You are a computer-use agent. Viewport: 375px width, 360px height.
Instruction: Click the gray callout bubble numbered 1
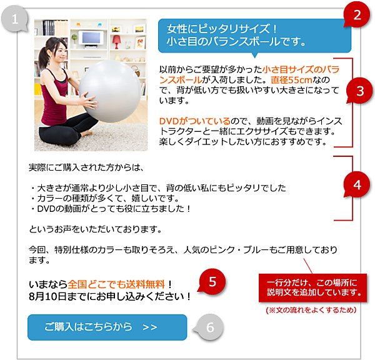click(14, 19)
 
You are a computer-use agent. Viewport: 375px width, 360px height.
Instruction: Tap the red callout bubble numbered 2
click(357, 15)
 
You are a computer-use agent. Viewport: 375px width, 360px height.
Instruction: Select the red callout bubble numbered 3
click(360, 91)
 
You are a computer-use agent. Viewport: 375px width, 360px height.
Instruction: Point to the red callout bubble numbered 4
click(357, 184)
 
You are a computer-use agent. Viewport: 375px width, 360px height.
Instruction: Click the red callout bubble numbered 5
click(212, 281)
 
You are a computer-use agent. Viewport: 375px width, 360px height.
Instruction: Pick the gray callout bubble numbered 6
click(209, 327)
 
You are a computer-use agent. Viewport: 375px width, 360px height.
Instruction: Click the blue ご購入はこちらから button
click(107, 327)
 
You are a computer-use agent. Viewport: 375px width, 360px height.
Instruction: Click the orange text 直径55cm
click(291, 80)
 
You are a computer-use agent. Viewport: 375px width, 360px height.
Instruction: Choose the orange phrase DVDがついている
click(194, 121)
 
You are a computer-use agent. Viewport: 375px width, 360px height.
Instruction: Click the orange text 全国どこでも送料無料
click(116, 284)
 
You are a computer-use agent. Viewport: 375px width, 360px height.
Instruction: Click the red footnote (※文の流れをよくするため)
click(311, 310)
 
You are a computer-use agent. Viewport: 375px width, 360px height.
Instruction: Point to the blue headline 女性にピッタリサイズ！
click(222, 29)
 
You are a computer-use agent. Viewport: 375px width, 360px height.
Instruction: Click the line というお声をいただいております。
click(95, 229)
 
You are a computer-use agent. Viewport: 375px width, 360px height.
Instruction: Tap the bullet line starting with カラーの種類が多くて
click(105, 198)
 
